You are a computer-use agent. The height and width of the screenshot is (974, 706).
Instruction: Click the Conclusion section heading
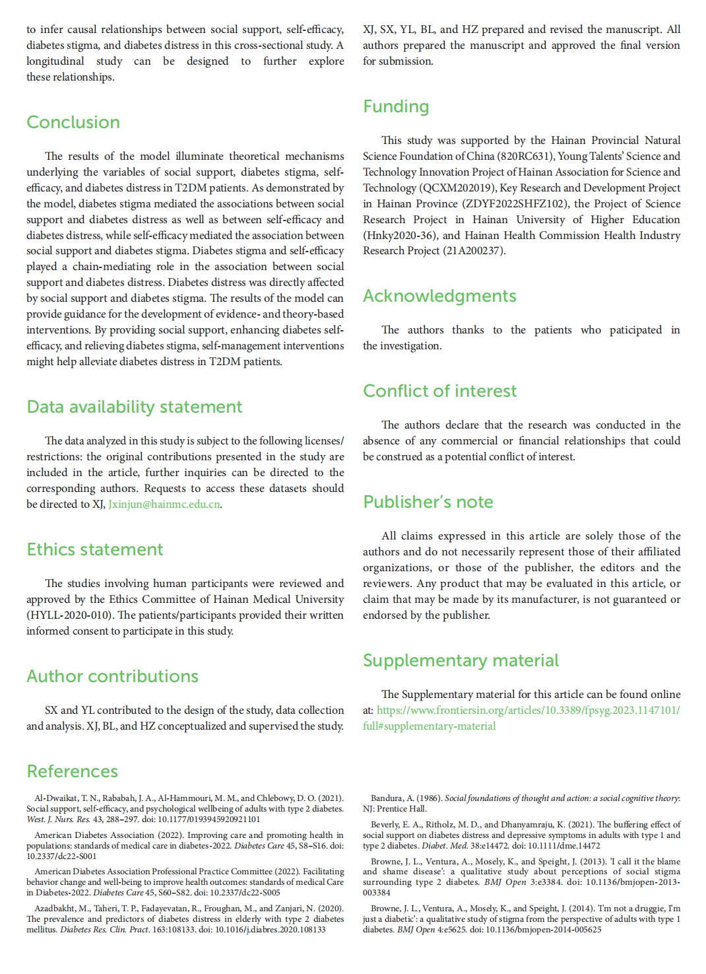pos(73,122)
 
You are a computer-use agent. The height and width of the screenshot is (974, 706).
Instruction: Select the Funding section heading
pos(396,106)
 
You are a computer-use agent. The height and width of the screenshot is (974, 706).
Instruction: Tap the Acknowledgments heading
pos(439,296)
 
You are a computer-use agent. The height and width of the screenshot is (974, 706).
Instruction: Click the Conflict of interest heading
pos(439,391)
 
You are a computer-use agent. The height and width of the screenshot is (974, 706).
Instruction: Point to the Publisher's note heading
pos(428,502)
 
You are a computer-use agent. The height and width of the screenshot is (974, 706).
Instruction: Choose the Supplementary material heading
pos(461,660)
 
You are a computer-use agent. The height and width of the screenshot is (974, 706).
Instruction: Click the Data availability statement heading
pos(135,407)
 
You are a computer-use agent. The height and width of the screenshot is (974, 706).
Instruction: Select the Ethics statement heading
pos(94,549)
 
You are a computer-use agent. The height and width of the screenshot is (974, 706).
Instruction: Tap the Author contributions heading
pos(112,676)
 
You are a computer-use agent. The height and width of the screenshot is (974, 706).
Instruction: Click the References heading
pos(73,771)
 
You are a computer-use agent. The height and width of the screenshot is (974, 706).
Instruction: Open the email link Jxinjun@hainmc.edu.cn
pos(164,504)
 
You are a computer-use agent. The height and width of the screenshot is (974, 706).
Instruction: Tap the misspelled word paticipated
pos(635,330)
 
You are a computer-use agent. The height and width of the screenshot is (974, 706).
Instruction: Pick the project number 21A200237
pos(473,251)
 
